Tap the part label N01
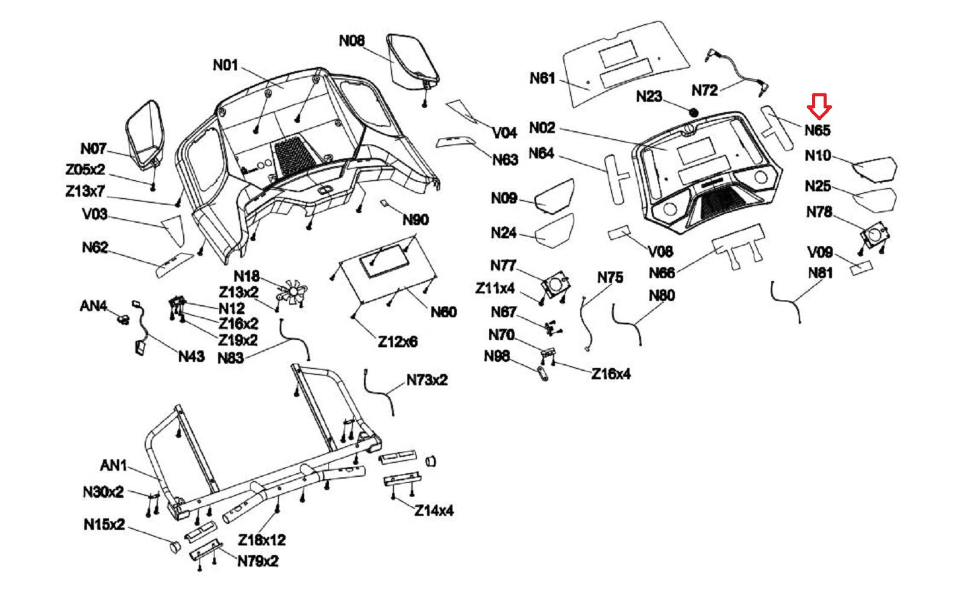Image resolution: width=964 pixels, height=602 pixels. (225, 65)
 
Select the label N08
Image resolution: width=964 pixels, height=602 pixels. (351, 41)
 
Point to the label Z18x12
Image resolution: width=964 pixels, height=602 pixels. (261, 539)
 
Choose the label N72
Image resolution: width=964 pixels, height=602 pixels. (704, 90)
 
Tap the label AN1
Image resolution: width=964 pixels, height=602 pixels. (113, 465)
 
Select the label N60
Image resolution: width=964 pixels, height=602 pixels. (443, 312)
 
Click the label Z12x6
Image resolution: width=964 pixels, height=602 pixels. (398, 342)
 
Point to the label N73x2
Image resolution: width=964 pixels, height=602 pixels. (427, 380)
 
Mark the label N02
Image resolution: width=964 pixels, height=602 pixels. (542, 128)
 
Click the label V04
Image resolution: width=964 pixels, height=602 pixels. (504, 132)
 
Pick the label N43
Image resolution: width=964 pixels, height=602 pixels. (191, 356)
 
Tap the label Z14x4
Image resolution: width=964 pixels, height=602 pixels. (434, 510)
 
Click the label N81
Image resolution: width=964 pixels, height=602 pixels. (819, 273)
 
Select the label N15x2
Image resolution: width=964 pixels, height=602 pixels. (104, 524)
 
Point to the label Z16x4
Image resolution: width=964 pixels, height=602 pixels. (610, 374)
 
